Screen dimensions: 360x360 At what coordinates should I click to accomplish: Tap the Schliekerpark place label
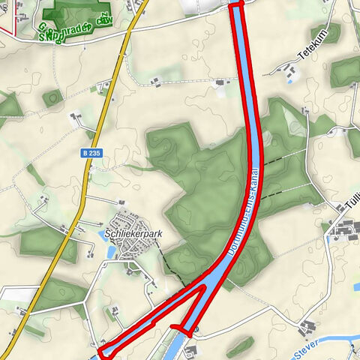pyautogui.click(x=134, y=233)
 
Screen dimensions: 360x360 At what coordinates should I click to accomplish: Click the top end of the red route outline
pyautogui.click(x=236, y=5)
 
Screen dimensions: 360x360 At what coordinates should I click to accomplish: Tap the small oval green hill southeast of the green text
pyautogui.click(x=52, y=97)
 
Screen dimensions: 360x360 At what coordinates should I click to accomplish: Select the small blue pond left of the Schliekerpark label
pyautogui.click(x=101, y=234)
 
